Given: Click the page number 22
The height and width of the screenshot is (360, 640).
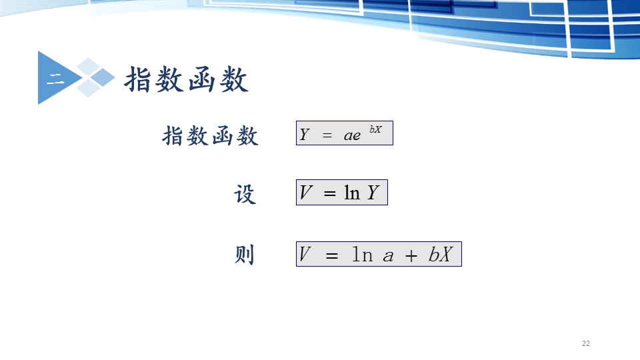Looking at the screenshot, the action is [586, 343].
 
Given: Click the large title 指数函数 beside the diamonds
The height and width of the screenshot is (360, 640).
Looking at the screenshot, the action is [186, 79].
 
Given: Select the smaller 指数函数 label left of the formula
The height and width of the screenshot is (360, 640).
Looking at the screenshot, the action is [210, 135].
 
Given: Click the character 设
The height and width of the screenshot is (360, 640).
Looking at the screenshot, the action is [245, 194].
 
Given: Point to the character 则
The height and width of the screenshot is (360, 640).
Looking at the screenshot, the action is [245, 254].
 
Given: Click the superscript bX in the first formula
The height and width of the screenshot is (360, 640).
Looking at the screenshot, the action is [375, 129].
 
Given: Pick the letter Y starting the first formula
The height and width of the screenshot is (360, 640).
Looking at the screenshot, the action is [305, 134].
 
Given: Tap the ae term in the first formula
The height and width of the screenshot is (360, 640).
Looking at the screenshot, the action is [352, 135].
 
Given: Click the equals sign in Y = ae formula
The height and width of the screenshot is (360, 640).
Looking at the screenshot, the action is [327, 135].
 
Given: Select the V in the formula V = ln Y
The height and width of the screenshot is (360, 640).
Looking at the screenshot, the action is [306, 192].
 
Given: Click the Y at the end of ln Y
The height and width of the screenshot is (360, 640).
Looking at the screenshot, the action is [373, 192].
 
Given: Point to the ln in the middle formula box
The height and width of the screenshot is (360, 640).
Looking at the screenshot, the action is [352, 192].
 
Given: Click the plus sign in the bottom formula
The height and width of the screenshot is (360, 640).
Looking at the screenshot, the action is [411, 256].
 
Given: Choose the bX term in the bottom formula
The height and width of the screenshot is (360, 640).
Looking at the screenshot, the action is [441, 254].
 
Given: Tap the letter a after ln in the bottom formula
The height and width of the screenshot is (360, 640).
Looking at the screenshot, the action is [388, 257].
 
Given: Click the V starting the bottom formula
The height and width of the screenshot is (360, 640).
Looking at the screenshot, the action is [305, 254].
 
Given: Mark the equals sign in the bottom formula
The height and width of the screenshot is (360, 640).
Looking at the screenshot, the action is [332, 256].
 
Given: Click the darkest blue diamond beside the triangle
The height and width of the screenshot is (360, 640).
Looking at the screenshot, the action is [103, 77].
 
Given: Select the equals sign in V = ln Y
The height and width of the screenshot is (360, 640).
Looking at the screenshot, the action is [330, 193].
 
